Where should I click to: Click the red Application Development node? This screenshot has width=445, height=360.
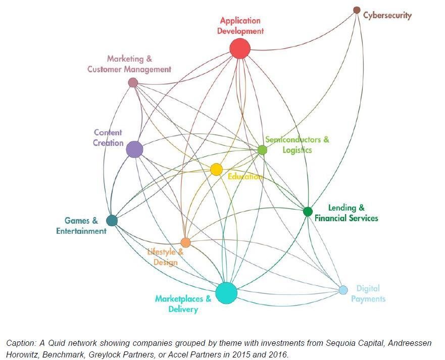tap(240, 49)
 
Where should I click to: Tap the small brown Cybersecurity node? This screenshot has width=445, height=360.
tap(357, 10)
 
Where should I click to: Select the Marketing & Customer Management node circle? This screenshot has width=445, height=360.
tap(133, 82)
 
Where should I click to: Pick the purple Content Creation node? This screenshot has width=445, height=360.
tap(134, 149)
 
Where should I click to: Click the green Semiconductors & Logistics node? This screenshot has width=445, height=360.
tap(262, 149)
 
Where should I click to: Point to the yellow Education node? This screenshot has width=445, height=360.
tap(216, 170)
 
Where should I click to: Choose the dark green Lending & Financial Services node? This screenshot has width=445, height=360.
tap(308, 212)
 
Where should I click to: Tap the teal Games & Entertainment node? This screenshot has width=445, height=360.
tap(112, 221)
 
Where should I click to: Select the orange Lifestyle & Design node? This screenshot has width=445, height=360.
tap(185, 243)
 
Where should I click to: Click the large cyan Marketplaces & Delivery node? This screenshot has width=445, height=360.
tap(226, 293)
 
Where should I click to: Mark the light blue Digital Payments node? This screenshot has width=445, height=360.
tap(343, 290)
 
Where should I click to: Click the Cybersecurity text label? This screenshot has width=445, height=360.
tap(387, 15)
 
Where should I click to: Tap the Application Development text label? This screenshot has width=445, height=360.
tap(240, 26)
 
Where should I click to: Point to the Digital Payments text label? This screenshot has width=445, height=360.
tap(368, 294)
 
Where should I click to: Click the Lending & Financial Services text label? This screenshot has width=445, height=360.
tap(347, 213)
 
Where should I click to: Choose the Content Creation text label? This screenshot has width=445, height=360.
tap(108, 138)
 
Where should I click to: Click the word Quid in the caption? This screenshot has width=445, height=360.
tap(57, 343)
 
